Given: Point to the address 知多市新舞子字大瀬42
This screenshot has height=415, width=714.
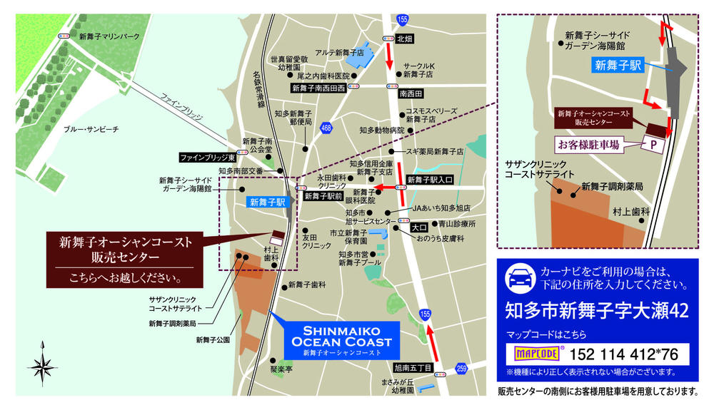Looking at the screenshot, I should pos(596,312).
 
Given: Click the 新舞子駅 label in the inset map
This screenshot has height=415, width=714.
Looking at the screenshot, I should pos(618,64).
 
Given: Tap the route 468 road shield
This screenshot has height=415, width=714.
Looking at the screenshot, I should pos(326,128).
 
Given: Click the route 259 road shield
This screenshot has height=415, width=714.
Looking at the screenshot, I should pos(461,369).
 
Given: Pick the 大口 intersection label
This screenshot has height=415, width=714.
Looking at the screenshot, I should pos(418,228).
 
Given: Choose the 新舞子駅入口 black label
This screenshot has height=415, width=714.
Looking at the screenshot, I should pos(428,180).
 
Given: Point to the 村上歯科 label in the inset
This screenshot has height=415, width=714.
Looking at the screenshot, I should pos(631,212).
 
